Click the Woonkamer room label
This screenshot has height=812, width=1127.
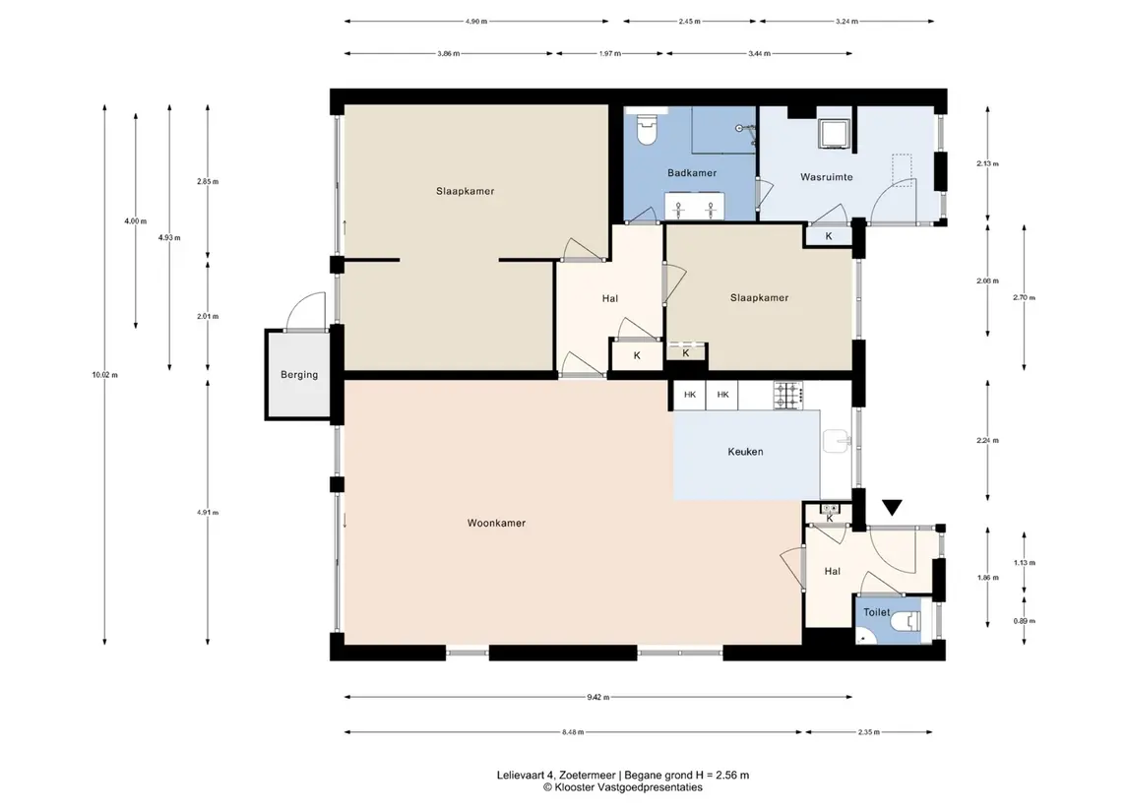(x=496, y=524)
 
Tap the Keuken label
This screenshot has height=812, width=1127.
(x=745, y=452)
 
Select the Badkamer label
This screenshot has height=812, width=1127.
(x=691, y=173)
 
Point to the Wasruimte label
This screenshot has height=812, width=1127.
(x=827, y=177)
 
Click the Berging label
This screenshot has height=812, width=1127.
(x=299, y=374)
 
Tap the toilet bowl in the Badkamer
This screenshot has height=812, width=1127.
(x=647, y=128)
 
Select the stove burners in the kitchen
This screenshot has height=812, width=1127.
(x=787, y=396)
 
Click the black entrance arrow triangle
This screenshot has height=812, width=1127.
(x=892, y=508)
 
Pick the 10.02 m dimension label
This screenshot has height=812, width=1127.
(x=105, y=374)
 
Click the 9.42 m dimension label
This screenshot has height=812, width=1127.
(x=598, y=697)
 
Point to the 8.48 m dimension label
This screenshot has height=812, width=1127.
(x=573, y=732)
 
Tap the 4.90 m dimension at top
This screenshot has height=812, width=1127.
(x=475, y=22)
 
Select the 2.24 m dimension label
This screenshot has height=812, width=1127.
(x=987, y=441)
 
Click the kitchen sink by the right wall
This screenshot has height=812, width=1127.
(x=836, y=441)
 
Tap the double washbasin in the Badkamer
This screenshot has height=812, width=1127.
(x=694, y=207)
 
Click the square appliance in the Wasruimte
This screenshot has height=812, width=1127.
(x=834, y=134)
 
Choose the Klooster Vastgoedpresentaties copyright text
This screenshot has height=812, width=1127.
(x=622, y=787)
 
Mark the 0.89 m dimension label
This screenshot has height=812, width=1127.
(x=1025, y=621)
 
